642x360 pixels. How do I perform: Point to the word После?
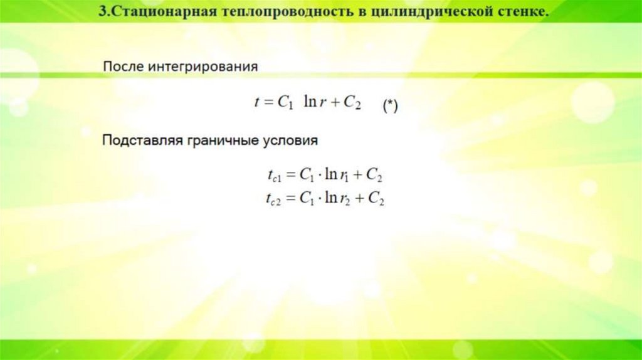pos(123,66)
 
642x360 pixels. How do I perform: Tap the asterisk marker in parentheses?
pos(390,107)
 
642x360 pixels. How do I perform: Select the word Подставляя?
pos(141,141)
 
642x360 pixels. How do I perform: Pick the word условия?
pos(290,141)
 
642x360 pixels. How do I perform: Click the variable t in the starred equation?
pos(256,103)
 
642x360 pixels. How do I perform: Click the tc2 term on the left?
pos(274,200)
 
